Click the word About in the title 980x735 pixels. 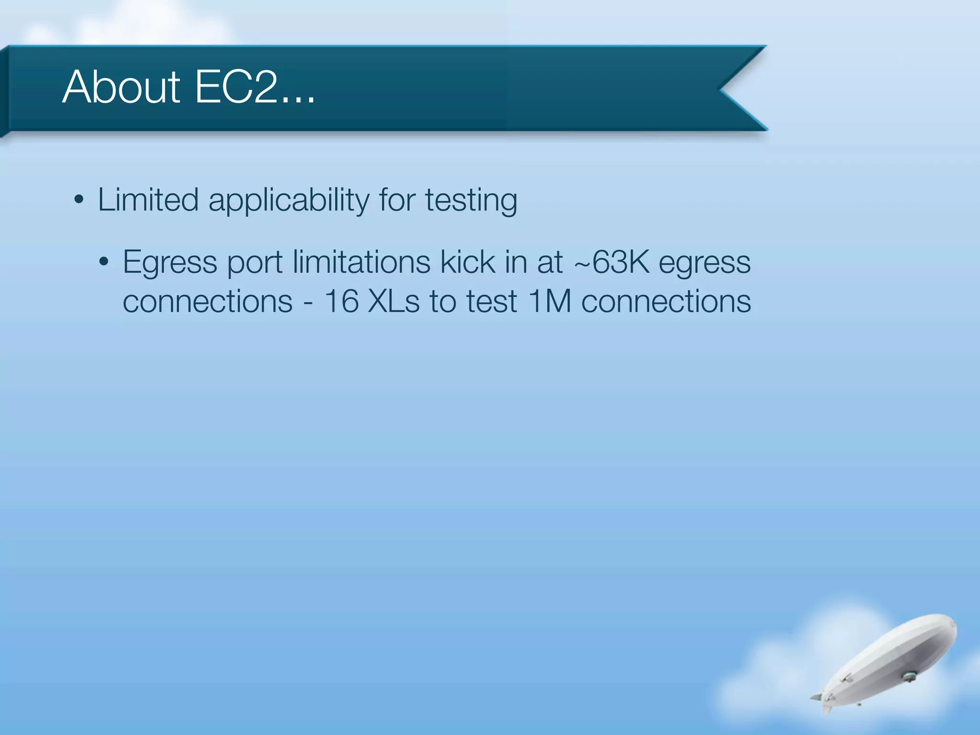(x=121, y=87)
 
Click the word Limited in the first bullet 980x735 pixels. (x=148, y=200)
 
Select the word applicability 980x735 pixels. (x=289, y=200)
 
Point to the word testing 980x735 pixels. (x=471, y=200)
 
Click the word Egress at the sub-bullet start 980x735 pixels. (x=170, y=263)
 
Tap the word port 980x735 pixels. (x=255, y=264)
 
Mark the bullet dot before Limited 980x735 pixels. (x=79, y=200)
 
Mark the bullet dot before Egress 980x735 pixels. (x=104, y=263)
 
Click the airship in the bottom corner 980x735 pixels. (x=890, y=660)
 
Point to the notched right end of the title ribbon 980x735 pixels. (x=737, y=88)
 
